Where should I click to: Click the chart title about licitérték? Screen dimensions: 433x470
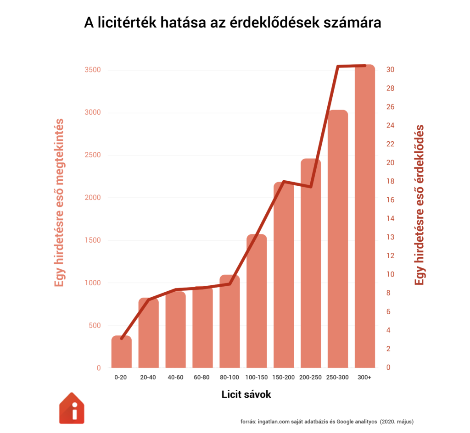tap(232, 23)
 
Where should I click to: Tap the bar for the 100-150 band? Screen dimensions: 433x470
tap(257, 303)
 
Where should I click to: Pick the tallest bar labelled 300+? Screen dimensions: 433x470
tap(365, 220)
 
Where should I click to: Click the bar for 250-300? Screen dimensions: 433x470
tap(338, 239)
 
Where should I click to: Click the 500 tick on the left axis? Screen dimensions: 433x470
tap(94, 326)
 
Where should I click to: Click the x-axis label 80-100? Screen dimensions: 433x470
tap(229, 377)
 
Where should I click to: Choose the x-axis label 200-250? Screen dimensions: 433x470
tap(311, 377)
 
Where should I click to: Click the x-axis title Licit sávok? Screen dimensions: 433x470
tap(246, 394)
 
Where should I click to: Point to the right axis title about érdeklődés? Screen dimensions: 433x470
tap(419, 205)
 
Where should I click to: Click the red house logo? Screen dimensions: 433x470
tap(72, 408)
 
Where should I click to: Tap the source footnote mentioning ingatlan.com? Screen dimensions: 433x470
tap(327, 421)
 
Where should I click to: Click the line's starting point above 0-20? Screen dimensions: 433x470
tap(122, 339)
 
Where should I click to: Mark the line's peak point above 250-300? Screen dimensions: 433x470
tap(338, 67)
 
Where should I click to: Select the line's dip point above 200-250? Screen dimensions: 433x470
tap(311, 187)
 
